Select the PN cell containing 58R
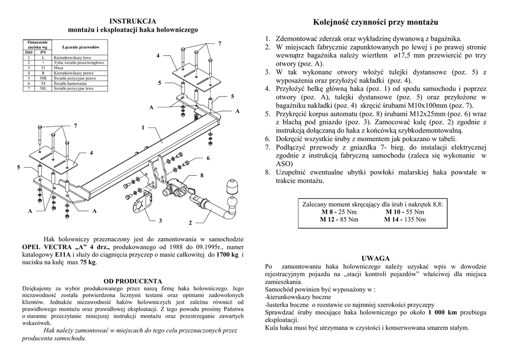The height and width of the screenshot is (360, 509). coord(43,78)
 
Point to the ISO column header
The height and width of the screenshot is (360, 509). coord(29,52)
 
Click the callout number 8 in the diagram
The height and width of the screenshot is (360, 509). coord(202,176)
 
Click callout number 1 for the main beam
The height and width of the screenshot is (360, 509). coord(143,128)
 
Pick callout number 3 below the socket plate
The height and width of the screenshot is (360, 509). coord(161,220)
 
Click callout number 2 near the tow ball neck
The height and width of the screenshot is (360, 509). coord(190,222)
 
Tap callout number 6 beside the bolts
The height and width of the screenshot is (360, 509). coord(208,158)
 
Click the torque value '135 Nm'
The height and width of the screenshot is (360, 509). coord(415,219)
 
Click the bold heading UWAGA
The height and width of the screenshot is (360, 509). coord(376,258)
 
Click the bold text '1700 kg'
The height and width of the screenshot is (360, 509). coord(228,254)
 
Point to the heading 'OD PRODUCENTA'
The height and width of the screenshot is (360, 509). coord(132,281)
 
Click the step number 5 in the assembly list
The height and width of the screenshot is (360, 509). coord(267,114)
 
